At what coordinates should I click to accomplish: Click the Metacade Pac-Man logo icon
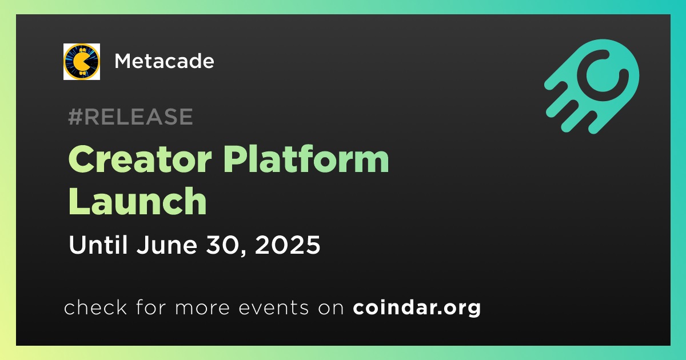click(81, 62)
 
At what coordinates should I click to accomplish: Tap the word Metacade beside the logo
click(164, 61)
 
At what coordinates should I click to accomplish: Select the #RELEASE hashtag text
click(130, 117)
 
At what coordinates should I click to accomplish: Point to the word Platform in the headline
click(306, 159)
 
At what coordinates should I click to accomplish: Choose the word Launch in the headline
click(138, 201)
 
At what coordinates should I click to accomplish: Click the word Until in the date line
click(98, 245)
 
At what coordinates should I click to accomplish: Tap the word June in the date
click(166, 245)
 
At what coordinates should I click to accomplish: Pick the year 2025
click(287, 245)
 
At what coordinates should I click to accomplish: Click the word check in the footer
click(95, 307)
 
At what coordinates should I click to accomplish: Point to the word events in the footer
click(273, 308)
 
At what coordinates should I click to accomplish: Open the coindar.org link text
click(417, 308)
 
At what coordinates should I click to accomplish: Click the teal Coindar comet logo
click(592, 86)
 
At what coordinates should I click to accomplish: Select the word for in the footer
click(151, 307)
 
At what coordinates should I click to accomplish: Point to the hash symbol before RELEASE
click(75, 117)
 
